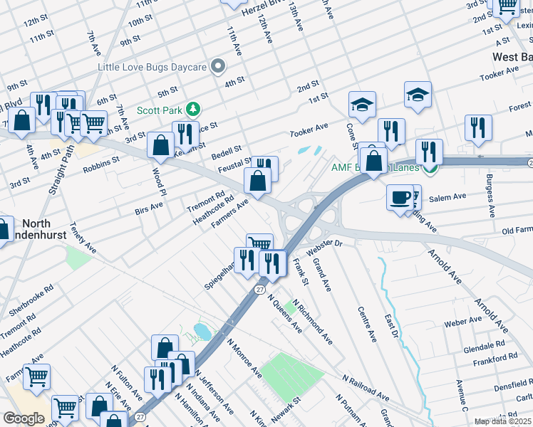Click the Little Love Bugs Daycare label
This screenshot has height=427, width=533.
pos(152,68)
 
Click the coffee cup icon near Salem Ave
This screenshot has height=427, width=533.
pos(400,196)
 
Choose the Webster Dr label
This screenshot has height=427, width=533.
pos(325,248)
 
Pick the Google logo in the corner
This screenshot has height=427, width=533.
pos(23,418)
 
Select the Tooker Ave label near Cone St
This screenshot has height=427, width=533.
pos(309,131)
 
